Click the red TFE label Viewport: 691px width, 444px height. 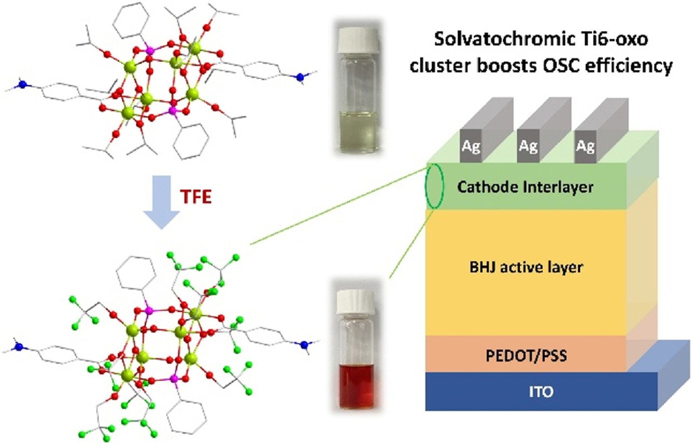(x=195, y=196)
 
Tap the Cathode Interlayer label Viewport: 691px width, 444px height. (x=525, y=187)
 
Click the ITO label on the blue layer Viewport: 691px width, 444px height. (x=541, y=391)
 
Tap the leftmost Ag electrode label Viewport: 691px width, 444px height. (x=471, y=147)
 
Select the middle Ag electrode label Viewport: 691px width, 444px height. (x=528, y=147)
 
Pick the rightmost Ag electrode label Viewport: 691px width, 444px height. (x=585, y=147)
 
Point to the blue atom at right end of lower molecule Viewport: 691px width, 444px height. (x=303, y=344)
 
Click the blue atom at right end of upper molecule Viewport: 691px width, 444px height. (x=300, y=77)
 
